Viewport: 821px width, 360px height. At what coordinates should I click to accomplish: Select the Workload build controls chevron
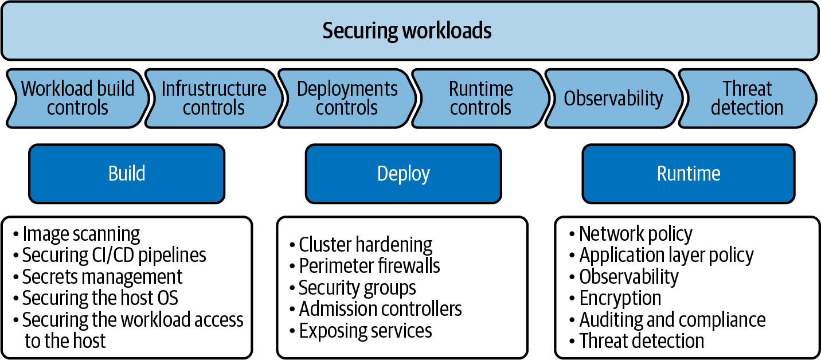[77, 98]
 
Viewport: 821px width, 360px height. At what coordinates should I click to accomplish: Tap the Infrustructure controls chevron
[213, 98]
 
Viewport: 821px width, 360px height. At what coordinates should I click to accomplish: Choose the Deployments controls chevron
[347, 98]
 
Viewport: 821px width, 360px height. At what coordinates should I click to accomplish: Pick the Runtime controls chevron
[480, 98]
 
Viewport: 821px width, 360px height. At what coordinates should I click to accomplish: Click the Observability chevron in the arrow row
[613, 98]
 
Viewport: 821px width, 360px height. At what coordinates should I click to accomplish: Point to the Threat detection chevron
[746, 98]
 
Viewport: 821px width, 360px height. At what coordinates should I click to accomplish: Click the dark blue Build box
[127, 173]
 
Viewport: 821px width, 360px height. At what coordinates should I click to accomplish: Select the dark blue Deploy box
[403, 173]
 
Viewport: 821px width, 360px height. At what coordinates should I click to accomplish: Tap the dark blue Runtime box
[688, 173]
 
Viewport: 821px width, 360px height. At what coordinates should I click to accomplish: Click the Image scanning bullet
[81, 234]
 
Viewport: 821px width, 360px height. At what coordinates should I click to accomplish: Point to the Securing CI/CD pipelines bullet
[114, 255]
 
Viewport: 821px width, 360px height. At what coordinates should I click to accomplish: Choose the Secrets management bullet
[102, 277]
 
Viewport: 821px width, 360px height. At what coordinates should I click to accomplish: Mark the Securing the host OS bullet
[100, 298]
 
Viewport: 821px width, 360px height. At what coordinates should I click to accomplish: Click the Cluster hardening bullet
[365, 245]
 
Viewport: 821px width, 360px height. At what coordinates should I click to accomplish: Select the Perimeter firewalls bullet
[369, 266]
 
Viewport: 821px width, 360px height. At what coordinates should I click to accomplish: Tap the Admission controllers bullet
[380, 309]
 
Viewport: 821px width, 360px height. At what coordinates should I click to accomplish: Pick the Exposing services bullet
[365, 331]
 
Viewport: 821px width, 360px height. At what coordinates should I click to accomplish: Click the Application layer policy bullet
[666, 255]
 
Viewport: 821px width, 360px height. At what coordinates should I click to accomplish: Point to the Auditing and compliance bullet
[672, 319]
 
